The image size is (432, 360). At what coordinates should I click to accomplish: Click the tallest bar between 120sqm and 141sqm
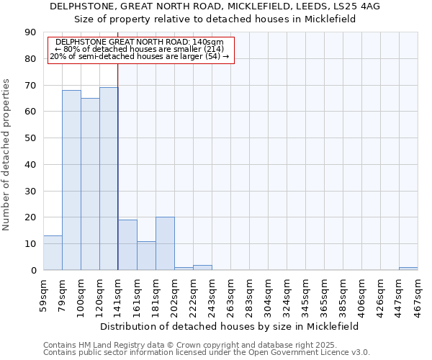pyautogui.click(x=109, y=179)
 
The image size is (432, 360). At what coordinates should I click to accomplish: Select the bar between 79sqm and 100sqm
pyautogui.click(x=71, y=180)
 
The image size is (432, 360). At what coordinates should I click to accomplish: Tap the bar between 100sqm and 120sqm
pyautogui.click(x=90, y=184)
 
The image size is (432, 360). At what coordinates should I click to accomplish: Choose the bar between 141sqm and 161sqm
pyautogui.click(x=127, y=245)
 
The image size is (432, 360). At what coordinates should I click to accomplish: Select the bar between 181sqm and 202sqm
pyautogui.click(x=165, y=243)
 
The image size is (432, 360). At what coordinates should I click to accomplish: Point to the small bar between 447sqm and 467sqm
pyautogui.click(x=408, y=269)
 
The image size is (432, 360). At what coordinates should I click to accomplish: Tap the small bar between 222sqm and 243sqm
pyautogui.click(x=202, y=268)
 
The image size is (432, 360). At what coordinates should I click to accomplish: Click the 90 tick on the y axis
pyautogui.click(x=30, y=32)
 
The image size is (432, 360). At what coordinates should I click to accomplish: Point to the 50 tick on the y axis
pyautogui.click(x=30, y=138)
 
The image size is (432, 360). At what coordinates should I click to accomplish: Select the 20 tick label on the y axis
pyautogui.click(x=30, y=217)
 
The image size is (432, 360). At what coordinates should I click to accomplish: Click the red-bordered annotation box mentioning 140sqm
pyautogui.click(x=141, y=50)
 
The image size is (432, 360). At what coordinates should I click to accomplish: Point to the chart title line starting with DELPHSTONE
pyautogui.click(x=215, y=6)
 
